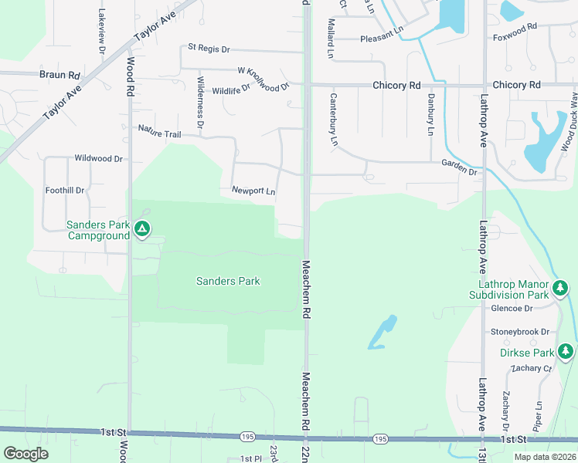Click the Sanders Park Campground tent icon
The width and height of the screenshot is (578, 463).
click(141, 228)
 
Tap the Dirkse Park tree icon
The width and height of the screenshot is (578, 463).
click(566, 352)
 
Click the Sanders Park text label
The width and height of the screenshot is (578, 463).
click(228, 281)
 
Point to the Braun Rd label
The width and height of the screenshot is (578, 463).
click(60, 75)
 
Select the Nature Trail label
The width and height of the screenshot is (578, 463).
click(159, 132)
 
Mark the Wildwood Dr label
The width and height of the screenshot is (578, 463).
click(98, 158)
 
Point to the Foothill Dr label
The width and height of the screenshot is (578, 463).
click(65, 189)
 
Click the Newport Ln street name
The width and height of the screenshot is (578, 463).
click(253, 190)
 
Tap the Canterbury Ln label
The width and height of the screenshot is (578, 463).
click(334, 120)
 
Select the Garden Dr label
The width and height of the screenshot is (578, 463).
click(459, 166)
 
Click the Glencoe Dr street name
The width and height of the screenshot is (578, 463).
click(512, 308)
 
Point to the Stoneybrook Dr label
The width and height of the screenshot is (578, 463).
click(519, 332)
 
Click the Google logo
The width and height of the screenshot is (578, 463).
click(25, 453)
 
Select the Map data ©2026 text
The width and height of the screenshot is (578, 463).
click(545, 456)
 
